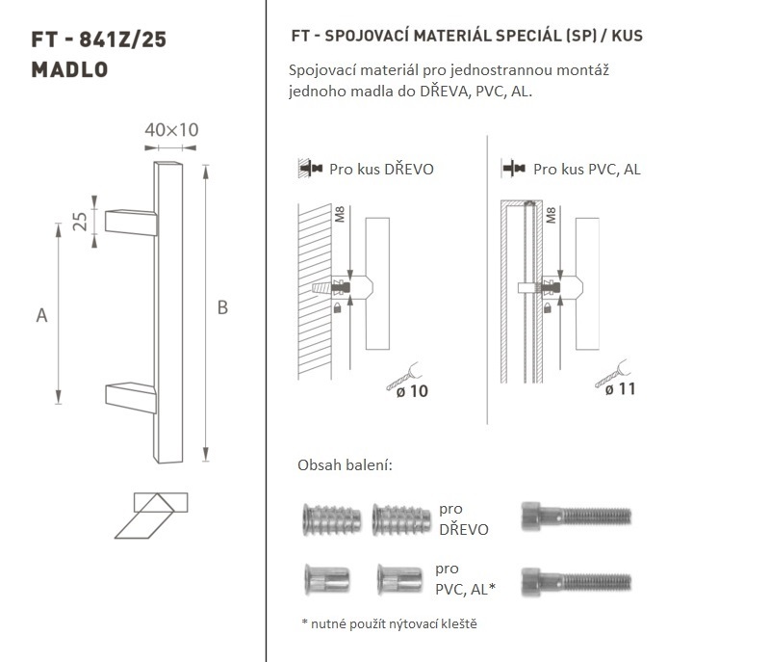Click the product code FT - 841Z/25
coord(99,40)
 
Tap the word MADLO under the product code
coord(69,69)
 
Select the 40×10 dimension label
coord(171,130)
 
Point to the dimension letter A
coord(41,315)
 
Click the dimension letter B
coord(222,307)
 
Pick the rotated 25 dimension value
coord(80,222)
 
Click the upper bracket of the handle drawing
coord(131,223)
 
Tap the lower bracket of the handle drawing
coord(131,398)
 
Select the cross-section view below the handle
coord(151,516)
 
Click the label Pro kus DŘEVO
coord(381,170)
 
